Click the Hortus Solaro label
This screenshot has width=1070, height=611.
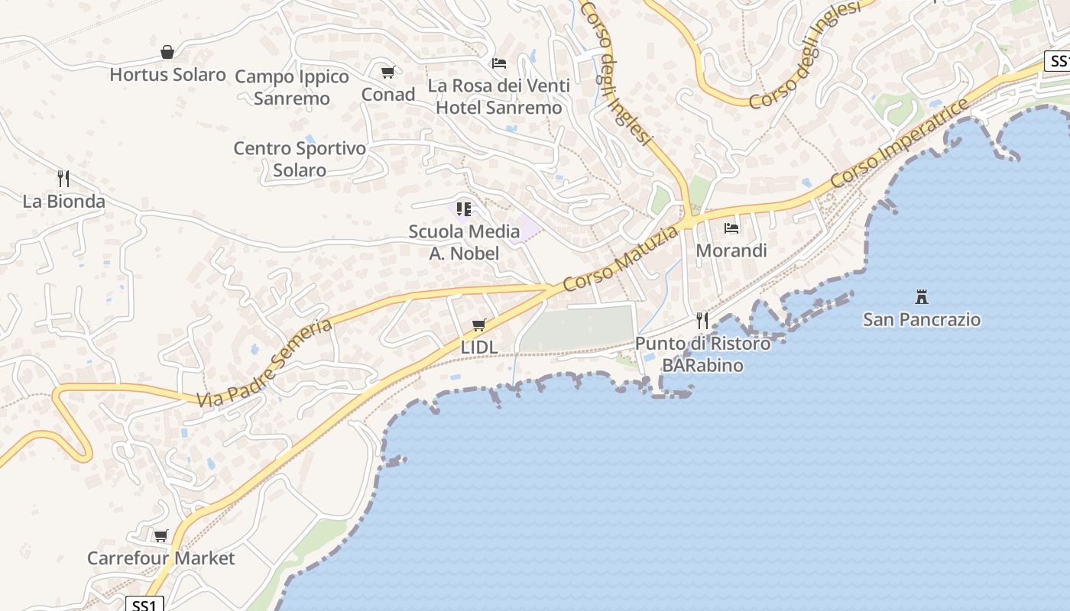[167, 75]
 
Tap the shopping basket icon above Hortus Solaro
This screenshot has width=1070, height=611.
[167, 52]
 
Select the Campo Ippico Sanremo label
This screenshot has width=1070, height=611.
[292, 87]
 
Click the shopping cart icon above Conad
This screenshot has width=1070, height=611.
[387, 72]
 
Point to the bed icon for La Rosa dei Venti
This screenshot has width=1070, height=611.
[499, 63]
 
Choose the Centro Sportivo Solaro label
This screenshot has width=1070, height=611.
[300, 159]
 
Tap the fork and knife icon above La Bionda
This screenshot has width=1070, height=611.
[63, 179]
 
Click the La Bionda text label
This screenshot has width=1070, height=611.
[63, 202]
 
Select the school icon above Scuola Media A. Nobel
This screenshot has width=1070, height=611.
[464, 209]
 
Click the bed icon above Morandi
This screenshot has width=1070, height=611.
[731, 228]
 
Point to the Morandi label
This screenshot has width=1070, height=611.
[731, 251]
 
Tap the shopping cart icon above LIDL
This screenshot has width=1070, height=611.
[479, 325]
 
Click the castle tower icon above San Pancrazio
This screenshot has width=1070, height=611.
[922, 296]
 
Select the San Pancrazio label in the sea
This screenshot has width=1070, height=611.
[922, 319]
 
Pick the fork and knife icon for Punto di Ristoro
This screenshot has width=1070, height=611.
[702, 320]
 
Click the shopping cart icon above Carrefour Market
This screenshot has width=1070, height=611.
[160, 535]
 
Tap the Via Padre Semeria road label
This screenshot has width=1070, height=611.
[264, 364]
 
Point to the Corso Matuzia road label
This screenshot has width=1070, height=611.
[621, 258]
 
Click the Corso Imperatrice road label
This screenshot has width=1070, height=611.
[900, 144]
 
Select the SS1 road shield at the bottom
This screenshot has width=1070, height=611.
[144, 605]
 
